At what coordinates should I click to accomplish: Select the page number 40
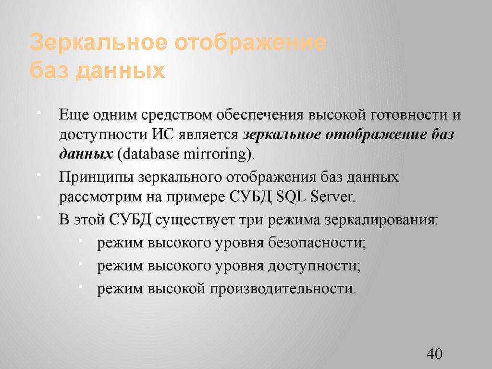point(433,355)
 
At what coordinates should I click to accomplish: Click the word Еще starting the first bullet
point(74,115)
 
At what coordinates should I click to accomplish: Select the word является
point(208,135)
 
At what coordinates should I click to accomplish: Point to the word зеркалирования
point(381,220)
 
